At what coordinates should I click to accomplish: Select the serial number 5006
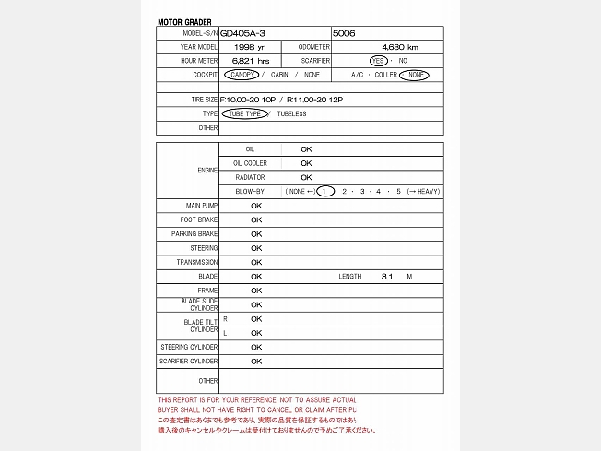(345, 33)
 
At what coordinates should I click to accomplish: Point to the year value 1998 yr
(249, 47)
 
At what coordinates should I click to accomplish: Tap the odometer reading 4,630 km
(399, 47)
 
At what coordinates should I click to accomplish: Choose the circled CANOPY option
(240, 74)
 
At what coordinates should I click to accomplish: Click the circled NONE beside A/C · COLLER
(418, 74)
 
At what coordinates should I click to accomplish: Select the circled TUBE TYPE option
(244, 114)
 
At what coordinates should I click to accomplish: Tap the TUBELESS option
(291, 114)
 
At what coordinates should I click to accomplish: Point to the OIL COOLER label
(250, 163)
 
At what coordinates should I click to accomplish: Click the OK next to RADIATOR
(306, 177)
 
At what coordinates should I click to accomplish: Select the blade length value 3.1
(387, 276)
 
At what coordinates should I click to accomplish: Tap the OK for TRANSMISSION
(256, 262)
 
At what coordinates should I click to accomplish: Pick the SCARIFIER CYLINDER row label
(189, 361)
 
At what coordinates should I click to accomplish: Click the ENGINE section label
(207, 171)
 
